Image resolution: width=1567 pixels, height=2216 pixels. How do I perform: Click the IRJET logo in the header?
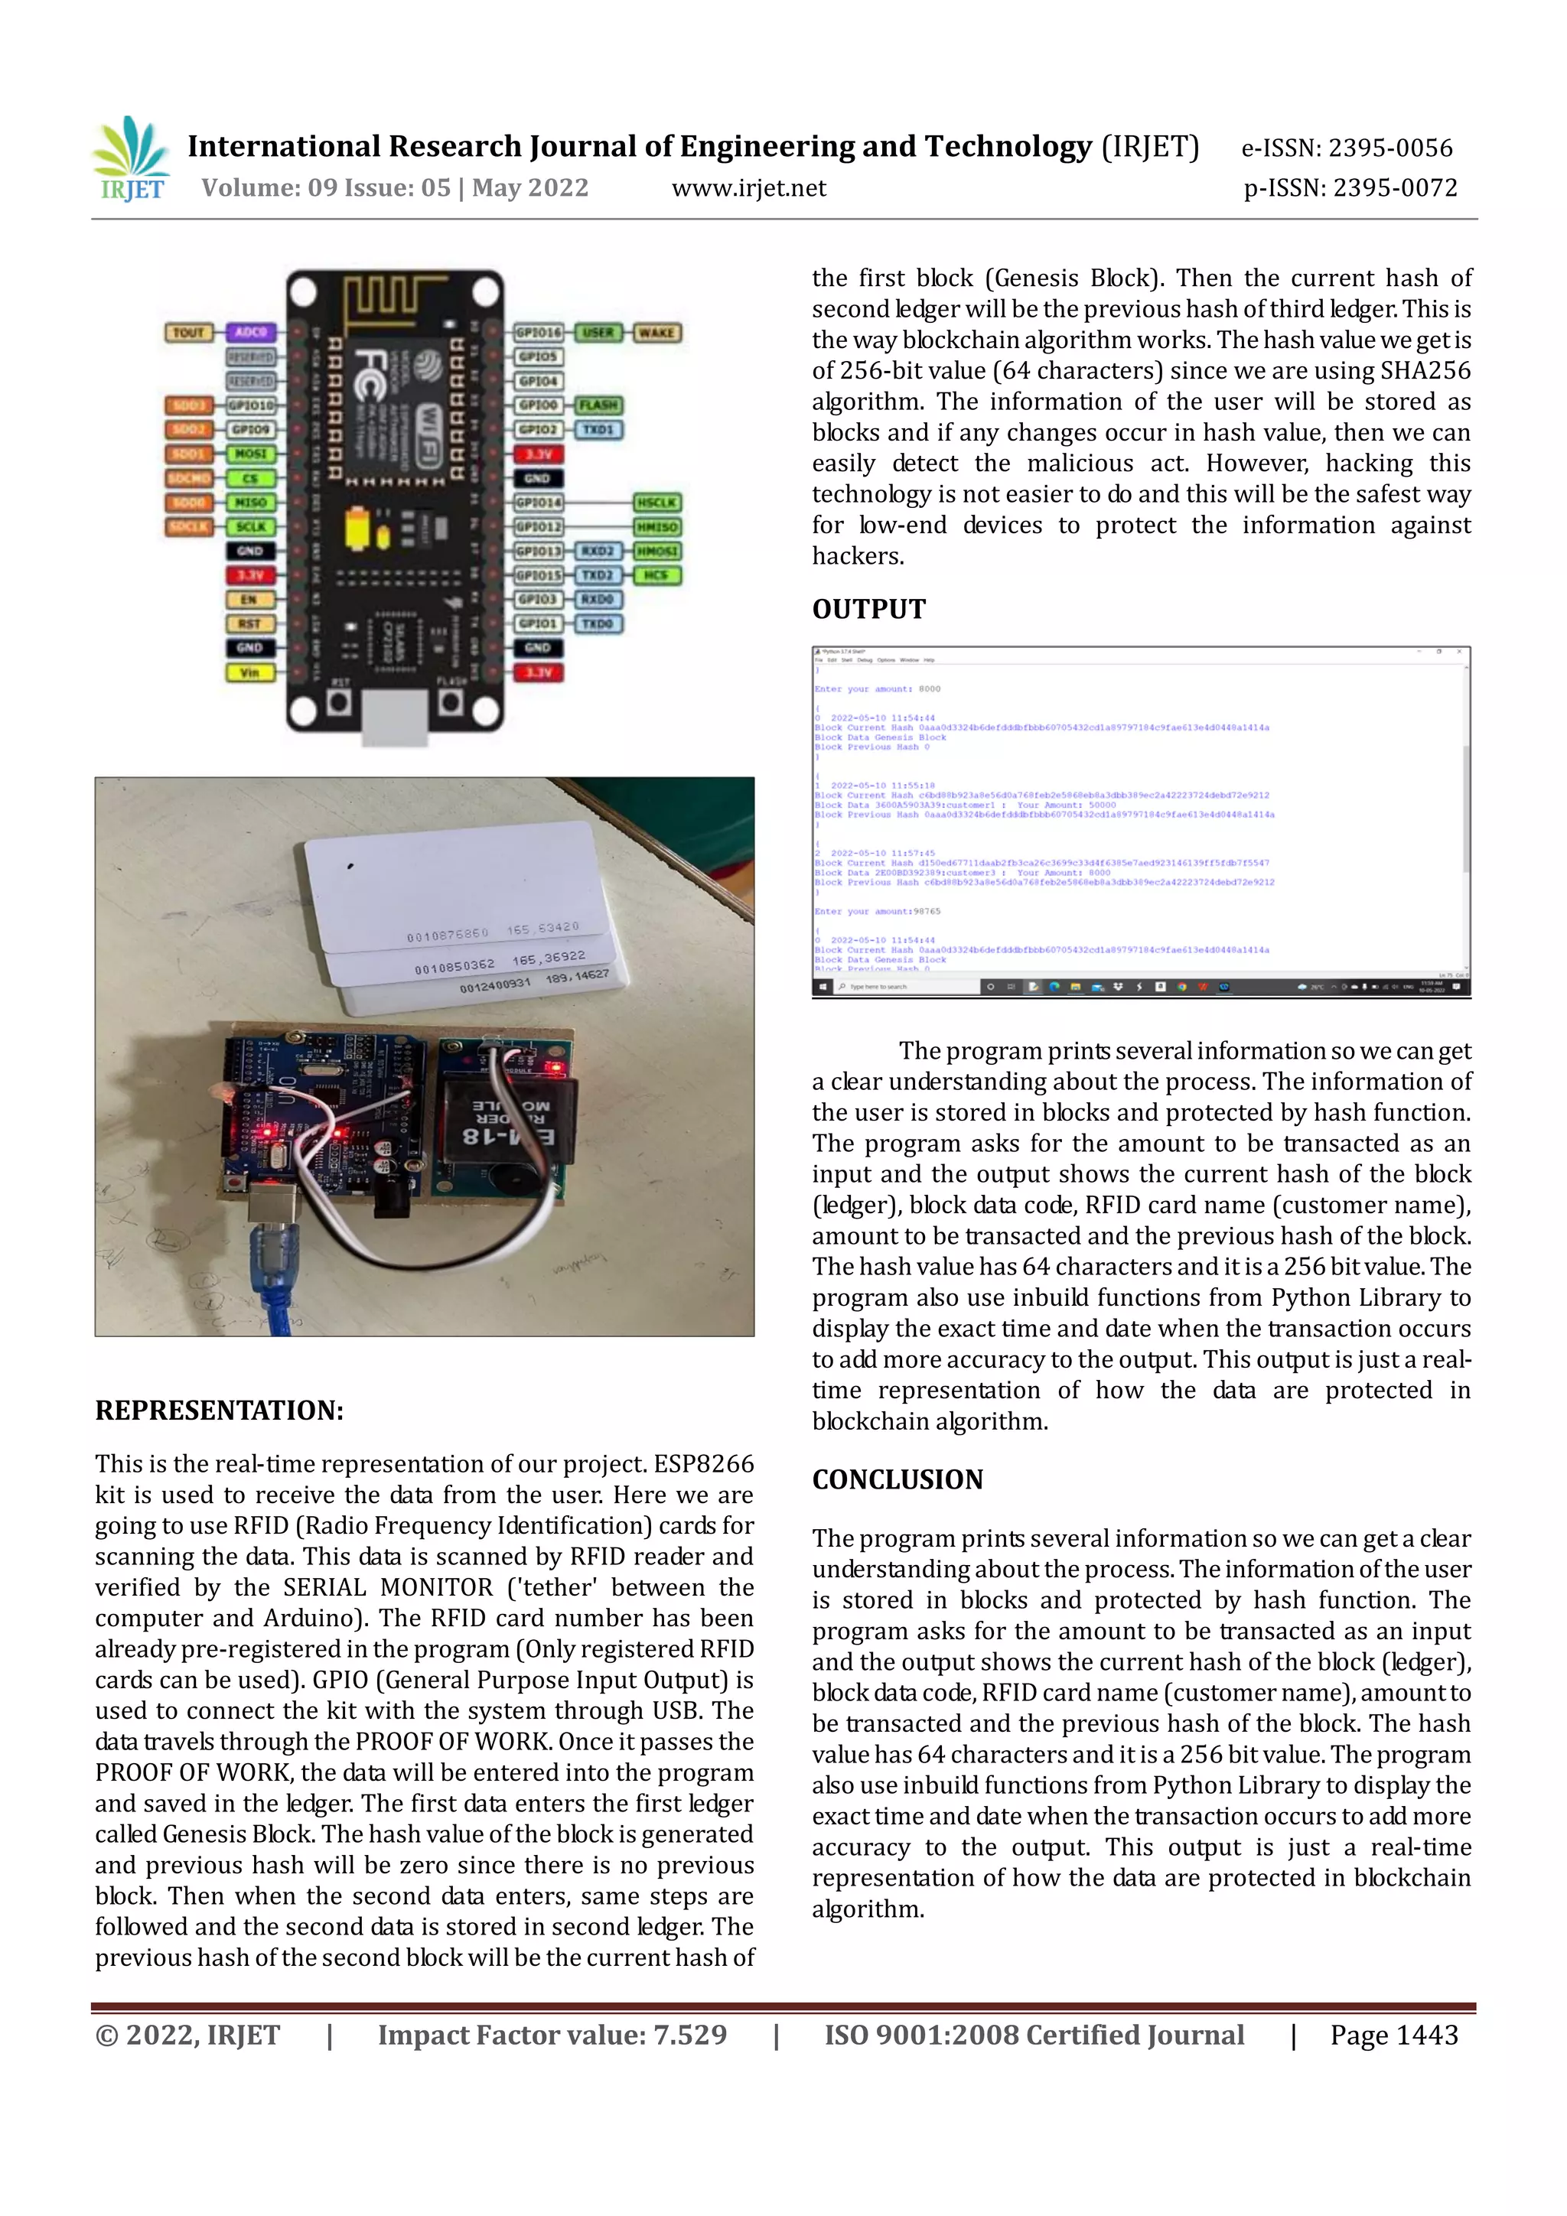tap(130, 158)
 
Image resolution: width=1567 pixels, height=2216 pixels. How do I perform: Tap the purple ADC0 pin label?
tap(250, 332)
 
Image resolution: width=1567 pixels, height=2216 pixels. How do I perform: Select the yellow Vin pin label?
tap(250, 672)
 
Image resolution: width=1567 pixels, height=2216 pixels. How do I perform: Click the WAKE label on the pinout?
tap(656, 332)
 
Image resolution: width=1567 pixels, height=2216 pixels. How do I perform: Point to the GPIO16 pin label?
tap(538, 332)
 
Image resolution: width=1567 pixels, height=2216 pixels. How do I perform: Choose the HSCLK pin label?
tap(656, 502)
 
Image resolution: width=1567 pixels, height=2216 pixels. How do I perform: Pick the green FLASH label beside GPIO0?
tap(598, 405)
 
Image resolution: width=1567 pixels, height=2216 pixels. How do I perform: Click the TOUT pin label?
tap(188, 332)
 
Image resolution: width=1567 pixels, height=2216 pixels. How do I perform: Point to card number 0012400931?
tap(494, 985)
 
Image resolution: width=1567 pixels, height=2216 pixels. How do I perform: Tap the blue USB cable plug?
tap(274, 1254)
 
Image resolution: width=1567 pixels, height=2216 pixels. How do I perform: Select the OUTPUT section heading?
tap(868, 609)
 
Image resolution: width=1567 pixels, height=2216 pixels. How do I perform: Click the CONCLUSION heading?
tap(897, 1479)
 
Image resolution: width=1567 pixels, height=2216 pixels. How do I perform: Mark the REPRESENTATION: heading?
tap(219, 1410)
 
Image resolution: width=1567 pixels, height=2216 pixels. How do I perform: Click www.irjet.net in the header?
tap(748, 188)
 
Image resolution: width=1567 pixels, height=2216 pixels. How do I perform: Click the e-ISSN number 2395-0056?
tap(1390, 148)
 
